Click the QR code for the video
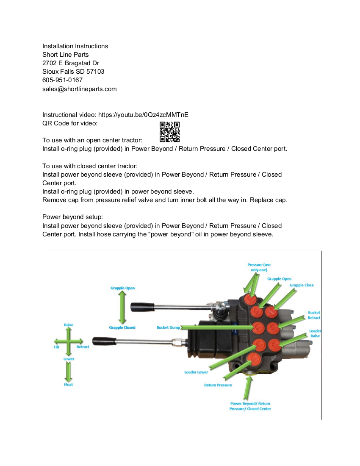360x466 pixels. pos(169,132)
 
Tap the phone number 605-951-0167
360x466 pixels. pos(62,80)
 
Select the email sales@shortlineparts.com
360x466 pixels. pos(79,89)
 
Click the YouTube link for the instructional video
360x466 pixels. pos(143,115)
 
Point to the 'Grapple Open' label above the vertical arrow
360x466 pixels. pos(122,288)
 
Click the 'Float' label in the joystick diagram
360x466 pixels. pos(69,385)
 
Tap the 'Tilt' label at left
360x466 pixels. pos(56,347)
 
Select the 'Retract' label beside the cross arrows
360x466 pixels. pos(83,347)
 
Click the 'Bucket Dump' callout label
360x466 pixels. pos(169,327)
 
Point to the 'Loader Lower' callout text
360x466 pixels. pos(196,372)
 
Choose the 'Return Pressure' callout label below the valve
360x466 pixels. pos(218,385)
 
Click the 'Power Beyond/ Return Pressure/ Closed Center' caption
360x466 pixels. pos(250,406)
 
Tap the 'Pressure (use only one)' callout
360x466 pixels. pos(259,267)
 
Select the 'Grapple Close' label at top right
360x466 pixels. pos(302,285)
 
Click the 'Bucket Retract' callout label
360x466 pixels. pos(314,315)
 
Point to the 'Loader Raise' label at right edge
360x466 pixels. pos(315,333)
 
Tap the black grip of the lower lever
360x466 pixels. pos(104,341)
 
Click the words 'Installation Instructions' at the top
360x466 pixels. pos(75,46)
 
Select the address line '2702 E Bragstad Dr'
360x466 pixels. pos(71,63)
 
